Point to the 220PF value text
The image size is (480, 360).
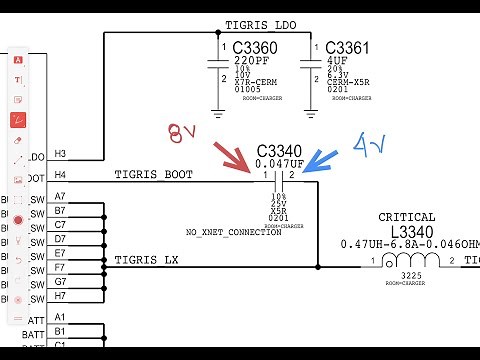250,61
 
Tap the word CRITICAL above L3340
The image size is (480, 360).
406,217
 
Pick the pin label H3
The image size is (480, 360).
60,154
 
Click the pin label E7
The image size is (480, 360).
60,254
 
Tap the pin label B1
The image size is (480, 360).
60,331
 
